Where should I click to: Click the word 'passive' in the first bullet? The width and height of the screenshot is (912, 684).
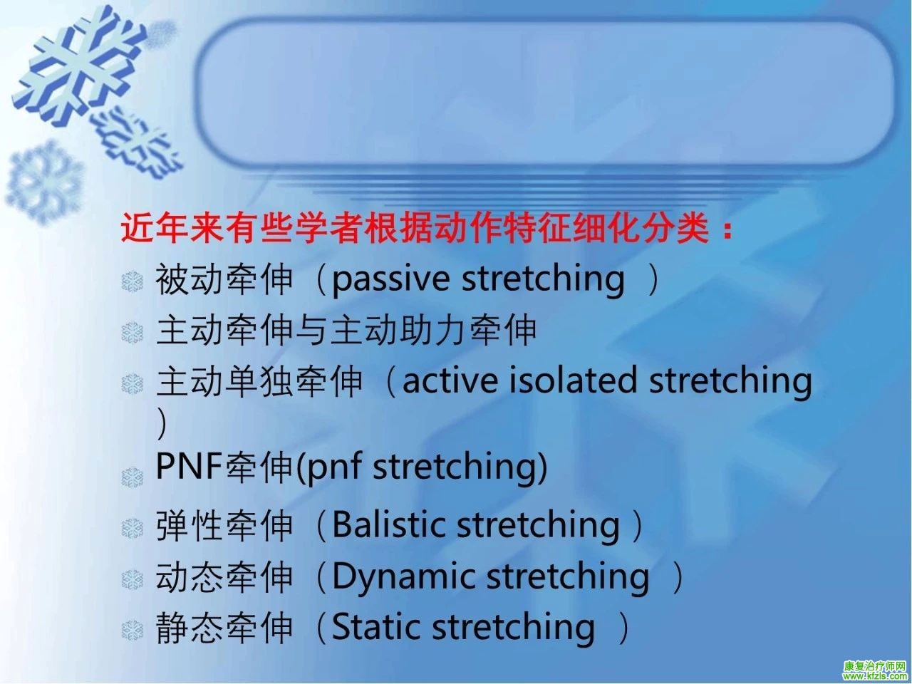click(390, 279)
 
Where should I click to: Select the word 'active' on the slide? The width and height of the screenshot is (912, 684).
click(450, 380)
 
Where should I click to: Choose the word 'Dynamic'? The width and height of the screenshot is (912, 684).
click(403, 577)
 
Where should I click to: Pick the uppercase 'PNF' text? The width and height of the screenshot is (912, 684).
click(189, 466)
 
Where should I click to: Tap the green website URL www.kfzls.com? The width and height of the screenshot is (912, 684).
click(875, 676)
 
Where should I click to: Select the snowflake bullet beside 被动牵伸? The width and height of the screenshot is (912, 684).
click(132, 281)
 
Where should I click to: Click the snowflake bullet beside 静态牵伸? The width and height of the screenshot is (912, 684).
click(132, 630)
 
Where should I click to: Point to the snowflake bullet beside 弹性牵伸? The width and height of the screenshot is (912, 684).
click(132, 528)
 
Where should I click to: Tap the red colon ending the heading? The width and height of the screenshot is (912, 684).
click(727, 229)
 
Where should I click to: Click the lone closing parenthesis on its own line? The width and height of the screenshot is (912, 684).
click(162, 423)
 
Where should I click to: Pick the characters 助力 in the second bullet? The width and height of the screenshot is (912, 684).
click(433, 331)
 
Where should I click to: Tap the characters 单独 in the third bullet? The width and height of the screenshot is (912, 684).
click(259, 381)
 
